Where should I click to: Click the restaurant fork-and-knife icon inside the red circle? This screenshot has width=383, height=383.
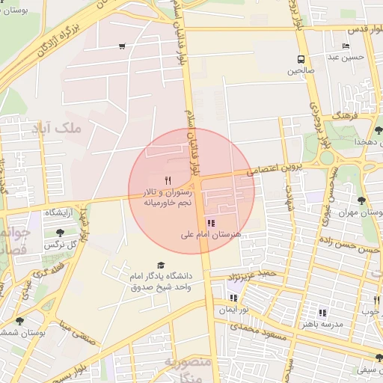168,180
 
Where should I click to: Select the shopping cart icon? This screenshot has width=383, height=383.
122,46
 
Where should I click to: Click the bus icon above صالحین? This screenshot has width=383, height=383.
301,59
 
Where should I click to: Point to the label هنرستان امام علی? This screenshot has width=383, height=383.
212,235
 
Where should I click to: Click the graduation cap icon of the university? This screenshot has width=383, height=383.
160,265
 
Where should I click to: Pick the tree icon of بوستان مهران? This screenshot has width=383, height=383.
361,200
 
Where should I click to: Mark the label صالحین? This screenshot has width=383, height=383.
301,72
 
